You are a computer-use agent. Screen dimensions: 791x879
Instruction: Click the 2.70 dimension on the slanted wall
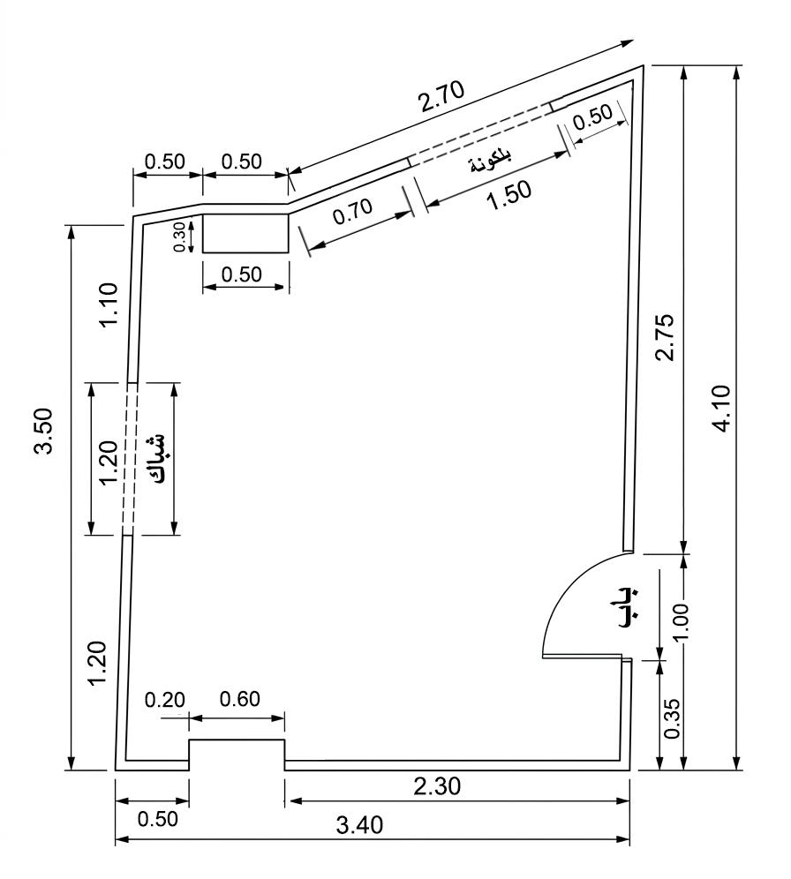click(441, 97)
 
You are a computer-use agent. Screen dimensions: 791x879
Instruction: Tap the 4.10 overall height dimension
click(723, 408)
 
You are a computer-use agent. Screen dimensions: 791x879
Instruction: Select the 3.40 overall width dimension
click(359, 824)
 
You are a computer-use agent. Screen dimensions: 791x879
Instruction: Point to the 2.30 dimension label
click(437, 786)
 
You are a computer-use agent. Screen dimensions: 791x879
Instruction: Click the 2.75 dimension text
click(666, 337)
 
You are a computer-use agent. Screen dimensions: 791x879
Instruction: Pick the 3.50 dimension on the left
click(43, 431)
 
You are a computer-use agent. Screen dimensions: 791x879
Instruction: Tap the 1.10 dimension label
click(109, 305)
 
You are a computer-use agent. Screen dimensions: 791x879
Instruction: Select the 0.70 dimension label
click(352, 211)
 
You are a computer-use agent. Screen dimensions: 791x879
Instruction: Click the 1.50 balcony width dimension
click(509, 196)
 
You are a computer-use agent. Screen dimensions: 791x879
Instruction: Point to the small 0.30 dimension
click(179, 237)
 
